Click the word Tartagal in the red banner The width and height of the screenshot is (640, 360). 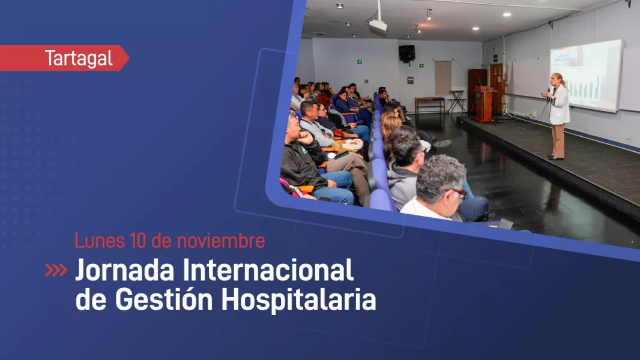click(79, 59)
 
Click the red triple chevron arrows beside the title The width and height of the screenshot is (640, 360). click(56, 271)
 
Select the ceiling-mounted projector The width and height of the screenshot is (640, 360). click(378, 25)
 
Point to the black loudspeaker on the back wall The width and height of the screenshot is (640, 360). click(406, 53)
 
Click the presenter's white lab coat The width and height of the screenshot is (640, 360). click(560, 105)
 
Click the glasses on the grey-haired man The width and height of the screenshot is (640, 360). click(459, 193)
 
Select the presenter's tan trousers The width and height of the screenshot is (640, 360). click(558, 140)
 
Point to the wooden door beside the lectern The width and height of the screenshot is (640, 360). click(497, 87)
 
